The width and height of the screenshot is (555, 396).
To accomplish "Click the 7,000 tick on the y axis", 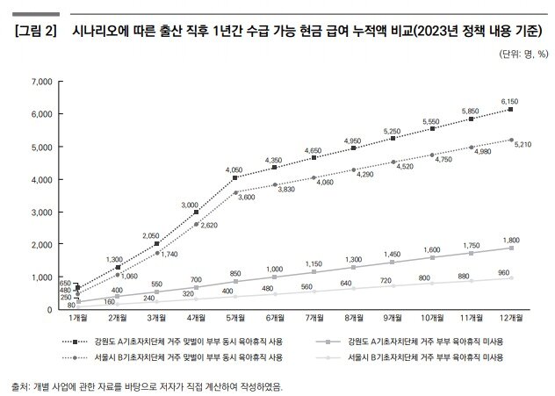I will pyautogui.click(x=41, y=82).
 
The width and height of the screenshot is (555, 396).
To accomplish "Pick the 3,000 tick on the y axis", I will pyautogui.click(x=41, y=212).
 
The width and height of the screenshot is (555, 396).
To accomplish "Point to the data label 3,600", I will pyautogui.click(x=245, y=198).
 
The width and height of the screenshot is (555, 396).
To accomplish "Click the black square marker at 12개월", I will pyautogui.click(x=511, y=110).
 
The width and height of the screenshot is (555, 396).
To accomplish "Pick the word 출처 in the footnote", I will pyautogui.click(x=19, y=385).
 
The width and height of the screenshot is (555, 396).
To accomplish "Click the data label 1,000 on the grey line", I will pyautogui.click(x=273, y=269).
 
